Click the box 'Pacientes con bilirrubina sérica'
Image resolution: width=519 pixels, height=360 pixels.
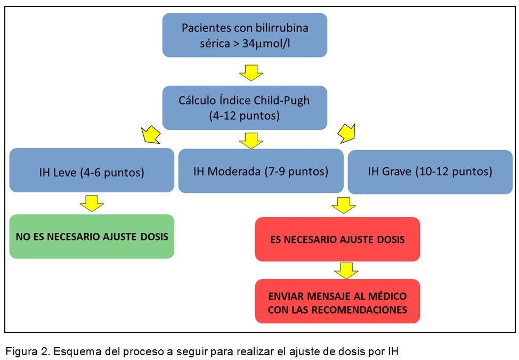[x=245, y=35]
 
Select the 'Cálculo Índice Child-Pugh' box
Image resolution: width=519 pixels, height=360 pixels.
[x=245, y=108]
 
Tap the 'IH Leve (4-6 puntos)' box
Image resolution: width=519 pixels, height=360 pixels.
[x=92, y=170]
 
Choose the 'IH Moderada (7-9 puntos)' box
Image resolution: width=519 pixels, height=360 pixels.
[x=261, y=171]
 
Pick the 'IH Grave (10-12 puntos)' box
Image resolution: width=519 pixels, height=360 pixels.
[x=430, y=171]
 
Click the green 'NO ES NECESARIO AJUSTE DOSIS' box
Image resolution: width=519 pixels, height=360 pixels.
[x=92, y=236]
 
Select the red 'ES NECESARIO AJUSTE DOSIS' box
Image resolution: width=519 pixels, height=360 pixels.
[x=337, y=239]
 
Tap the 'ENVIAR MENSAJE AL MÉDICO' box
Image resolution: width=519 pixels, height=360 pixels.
[x=337, y=301]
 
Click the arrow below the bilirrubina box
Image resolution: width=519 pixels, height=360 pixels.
[x=251, y=73]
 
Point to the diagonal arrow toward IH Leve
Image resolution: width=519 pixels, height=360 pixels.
[x=151, y=135]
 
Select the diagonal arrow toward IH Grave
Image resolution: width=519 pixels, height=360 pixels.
[x=346, y=133]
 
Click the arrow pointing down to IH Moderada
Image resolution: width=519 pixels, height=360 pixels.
[x=251, y=141]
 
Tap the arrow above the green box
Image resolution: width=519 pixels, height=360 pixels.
[x=92, y=203]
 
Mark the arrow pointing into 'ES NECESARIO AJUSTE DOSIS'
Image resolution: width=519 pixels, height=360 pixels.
[x=344, y=206]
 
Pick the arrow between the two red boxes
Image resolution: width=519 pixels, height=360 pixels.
[x=346, y=271]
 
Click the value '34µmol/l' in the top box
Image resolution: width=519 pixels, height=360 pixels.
[x=266, y=43]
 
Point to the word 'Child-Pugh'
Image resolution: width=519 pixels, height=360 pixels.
[x=282, y=100]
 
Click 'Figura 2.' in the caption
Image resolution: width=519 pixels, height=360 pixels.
[x=28, y=351]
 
